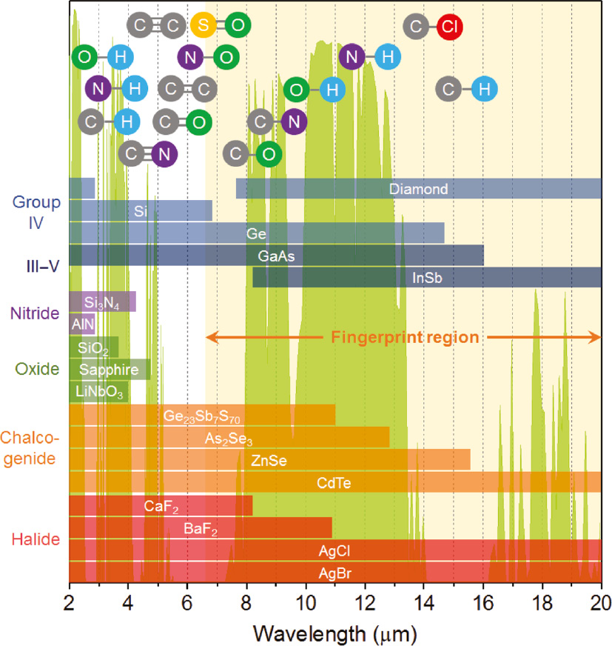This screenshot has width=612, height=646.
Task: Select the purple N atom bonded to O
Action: pyautogui.click(x=191, y=56)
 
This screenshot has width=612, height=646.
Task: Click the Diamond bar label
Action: pyautogui.click(x=419, y=189)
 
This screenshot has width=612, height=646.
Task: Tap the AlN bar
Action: pyautogui.click(x=81, y=324)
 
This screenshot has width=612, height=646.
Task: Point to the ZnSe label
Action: pyautogui.click(x=268, y=461)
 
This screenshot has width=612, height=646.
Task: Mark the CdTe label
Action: pyautogui.click(x=334, y=484)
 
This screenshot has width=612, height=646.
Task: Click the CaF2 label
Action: pyautogui.click(x=162, y=507)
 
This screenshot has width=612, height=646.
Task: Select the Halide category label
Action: pyautogui.click(x=36, y=539)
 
